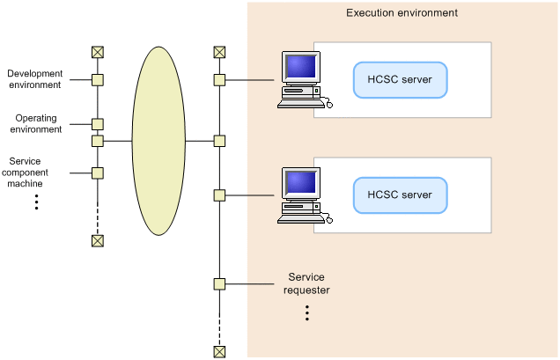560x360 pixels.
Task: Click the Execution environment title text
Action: coord(402,13)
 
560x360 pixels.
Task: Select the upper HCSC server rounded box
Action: coord(400,80)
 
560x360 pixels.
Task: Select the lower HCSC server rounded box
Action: coord(400,195)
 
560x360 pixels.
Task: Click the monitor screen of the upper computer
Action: coord(301,66)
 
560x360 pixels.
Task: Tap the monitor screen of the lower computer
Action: coord(301,182)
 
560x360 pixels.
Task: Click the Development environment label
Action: coord(35,79)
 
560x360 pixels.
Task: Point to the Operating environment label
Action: coord(36,123)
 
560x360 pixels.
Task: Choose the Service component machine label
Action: coord(25,173)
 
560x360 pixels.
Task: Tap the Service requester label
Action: coord(306,283)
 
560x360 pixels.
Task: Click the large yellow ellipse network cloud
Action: coord(158,141)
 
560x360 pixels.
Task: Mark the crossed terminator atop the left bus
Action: coord(98,52)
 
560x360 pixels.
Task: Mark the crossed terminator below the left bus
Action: coord(98,241)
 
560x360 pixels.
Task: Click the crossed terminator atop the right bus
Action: coord(219,52)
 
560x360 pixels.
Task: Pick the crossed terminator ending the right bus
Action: coord(219,352)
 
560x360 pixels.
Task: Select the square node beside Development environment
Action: coord(98,80)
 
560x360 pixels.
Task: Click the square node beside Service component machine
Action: coord(98,173)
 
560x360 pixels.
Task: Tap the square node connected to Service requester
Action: coord(219,284)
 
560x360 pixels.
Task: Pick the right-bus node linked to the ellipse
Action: coord(219,141)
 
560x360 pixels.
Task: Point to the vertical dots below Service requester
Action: coord(307,312)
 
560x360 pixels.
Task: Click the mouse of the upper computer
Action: coord(329,105)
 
